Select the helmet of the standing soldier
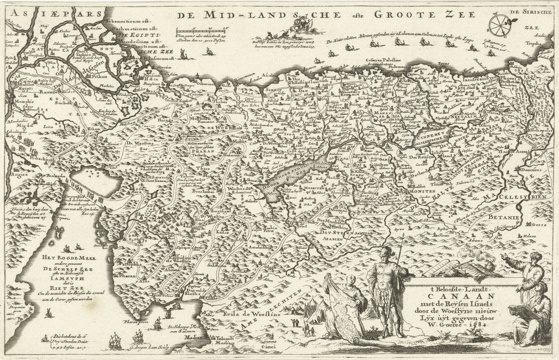(386, 250)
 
